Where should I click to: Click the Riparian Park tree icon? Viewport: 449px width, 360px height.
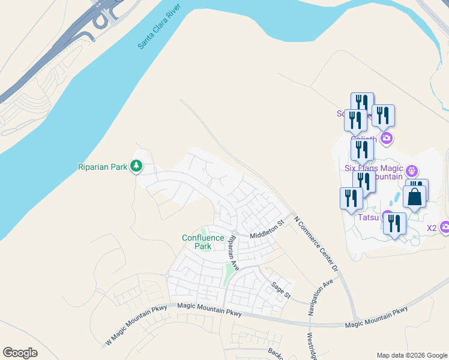point(136,166)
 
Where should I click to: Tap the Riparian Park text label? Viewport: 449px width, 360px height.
point(103,167)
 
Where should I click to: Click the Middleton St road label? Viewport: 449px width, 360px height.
point(267,230)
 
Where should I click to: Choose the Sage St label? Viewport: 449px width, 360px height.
point(280,290)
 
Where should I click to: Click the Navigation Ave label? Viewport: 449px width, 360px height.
point(320,297)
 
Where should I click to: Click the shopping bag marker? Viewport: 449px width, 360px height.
point(415,196)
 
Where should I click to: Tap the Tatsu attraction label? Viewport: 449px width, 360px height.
point(369,217)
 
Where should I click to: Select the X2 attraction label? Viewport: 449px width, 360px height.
point(432,228)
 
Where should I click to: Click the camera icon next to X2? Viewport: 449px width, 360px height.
point(445,227)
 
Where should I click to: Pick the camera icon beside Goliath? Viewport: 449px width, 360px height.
point(386,139)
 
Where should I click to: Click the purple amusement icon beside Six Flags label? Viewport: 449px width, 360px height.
point(412,170)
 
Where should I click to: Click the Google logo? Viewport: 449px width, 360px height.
point(20,353)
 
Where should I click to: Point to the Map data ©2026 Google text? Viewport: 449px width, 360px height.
point(412,355)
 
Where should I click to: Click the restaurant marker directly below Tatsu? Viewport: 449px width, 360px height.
point(394,224)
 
